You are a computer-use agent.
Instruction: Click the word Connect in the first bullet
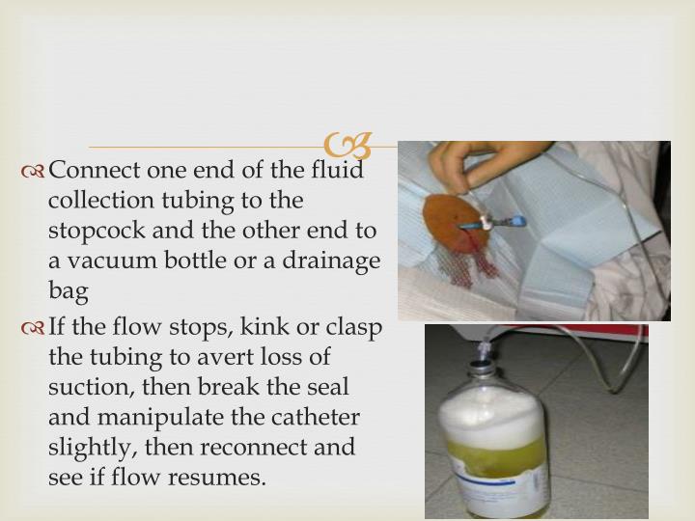(94, 171)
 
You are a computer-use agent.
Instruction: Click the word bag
(68, 290)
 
